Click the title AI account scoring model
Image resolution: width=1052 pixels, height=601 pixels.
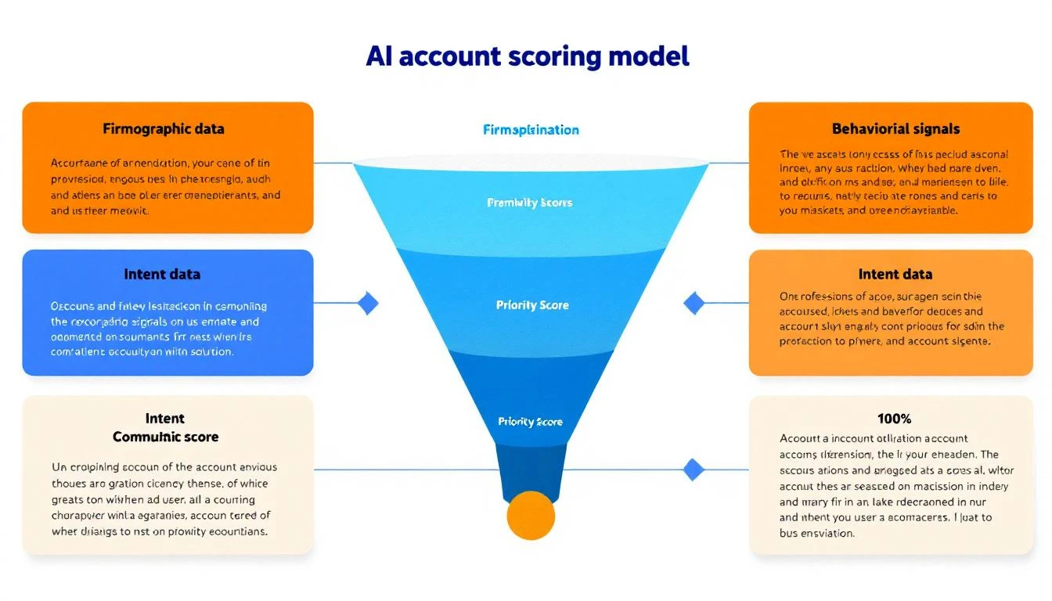528,57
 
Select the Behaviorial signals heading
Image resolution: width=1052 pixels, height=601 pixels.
895,128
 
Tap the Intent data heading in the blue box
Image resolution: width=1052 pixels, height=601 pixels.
162,275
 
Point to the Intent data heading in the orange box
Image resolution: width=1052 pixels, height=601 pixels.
895,275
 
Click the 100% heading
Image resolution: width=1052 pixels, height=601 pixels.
895,419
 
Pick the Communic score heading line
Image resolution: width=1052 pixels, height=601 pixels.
165,437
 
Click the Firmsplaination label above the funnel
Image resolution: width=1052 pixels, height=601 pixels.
531,130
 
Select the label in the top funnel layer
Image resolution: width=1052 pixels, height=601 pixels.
529,203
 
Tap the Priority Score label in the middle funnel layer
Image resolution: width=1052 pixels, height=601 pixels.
532,305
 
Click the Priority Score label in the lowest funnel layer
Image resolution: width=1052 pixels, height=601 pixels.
530,422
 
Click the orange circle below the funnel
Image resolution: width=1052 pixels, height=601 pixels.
531,516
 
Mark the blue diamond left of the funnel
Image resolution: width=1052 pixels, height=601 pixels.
367,303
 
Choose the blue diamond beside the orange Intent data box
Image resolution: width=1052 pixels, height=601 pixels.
694,303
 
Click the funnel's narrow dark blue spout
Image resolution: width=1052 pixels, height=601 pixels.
531,470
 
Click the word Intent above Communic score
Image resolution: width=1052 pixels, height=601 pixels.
165,419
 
